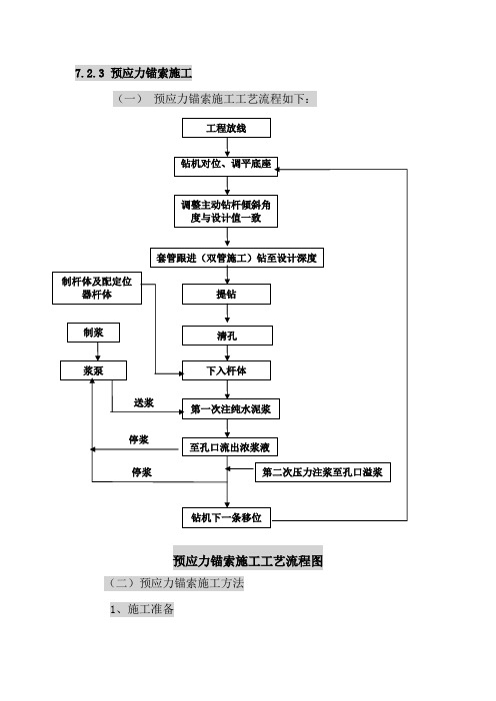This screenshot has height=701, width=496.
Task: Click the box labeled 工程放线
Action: pos(226,128)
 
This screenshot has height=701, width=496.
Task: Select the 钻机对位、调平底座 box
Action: pos(226,166)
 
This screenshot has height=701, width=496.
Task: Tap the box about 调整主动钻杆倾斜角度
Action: pos(226,211)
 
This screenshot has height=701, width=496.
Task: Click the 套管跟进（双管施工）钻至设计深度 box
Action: pos(236,258)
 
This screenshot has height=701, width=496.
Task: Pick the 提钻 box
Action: pos(226,295)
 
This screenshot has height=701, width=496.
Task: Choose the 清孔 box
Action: pos(227,336)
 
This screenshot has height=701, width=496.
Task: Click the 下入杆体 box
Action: pos(226,370)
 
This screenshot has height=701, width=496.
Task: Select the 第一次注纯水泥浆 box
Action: pos(231,409)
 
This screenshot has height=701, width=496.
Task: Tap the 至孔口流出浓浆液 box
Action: pos(230,447)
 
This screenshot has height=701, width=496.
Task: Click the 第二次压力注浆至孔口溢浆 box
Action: pos(323,472)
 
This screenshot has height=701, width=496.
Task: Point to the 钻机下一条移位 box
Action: pos(226,517)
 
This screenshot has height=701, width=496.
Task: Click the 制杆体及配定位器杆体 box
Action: pos(97,288)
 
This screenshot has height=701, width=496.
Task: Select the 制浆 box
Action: pos(93,333)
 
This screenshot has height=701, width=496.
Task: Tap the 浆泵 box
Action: pos(93,370)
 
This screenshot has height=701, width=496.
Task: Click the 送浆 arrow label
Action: pos(144,402)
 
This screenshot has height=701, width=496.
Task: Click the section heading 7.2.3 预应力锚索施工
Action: pos(133,73)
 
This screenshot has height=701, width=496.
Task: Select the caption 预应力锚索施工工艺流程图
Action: pos(248,560)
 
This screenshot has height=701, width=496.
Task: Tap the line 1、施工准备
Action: pos(142,609)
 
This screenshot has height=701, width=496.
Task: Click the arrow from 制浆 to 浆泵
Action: pos(98,351)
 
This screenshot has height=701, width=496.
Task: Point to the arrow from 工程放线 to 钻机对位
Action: pos(227,147)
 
